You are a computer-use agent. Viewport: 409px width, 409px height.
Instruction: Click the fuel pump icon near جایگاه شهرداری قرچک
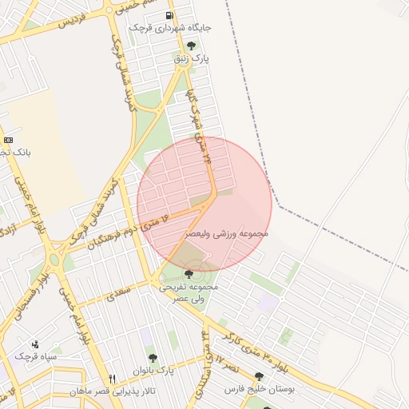(168, 15)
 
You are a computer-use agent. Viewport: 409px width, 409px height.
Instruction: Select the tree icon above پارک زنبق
(190, 46)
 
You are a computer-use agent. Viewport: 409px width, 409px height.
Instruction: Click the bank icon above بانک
(9, 139)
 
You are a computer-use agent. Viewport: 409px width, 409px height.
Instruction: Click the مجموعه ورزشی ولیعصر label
(227, 233)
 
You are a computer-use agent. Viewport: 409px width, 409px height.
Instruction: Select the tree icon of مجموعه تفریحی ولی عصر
(189, 274)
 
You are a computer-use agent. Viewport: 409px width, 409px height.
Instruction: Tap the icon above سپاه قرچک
(34, 343)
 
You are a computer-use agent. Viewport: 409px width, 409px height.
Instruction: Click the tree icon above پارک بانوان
(153, 358)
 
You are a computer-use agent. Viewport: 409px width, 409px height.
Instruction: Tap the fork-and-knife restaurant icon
(112, 379)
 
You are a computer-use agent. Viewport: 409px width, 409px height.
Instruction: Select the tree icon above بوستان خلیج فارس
(259, 376)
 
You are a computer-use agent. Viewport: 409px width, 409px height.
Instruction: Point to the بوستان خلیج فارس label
(259, 389)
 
